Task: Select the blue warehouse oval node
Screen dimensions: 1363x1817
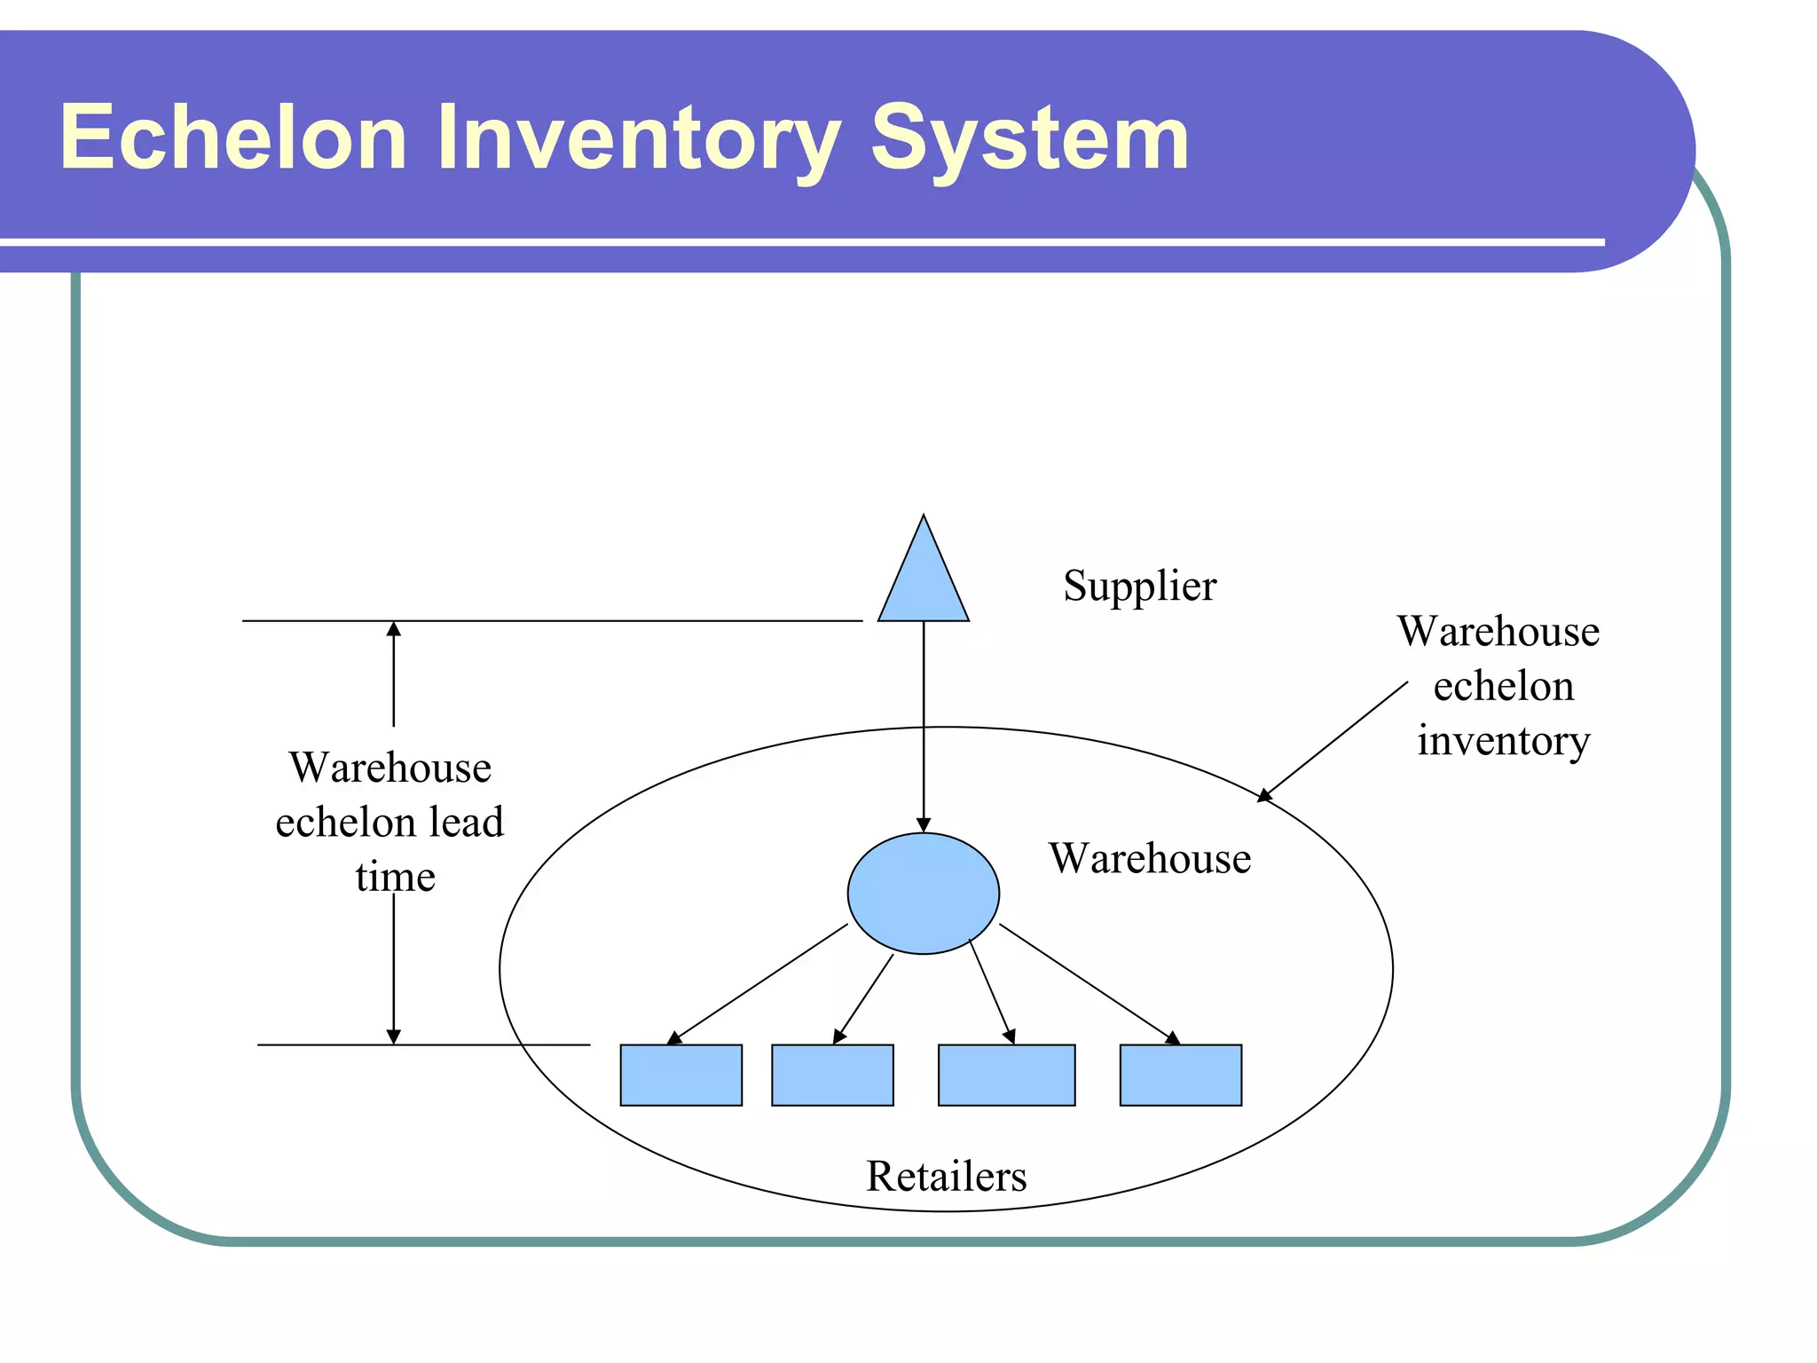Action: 923,893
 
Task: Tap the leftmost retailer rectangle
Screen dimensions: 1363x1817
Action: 680,1075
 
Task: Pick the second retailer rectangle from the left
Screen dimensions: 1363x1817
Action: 832,1075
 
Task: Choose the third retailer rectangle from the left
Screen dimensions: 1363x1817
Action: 1006,1075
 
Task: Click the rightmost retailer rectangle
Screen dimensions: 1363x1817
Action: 1180,1075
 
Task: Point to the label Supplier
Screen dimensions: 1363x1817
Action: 1139,587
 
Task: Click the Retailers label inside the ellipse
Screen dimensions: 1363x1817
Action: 946,1177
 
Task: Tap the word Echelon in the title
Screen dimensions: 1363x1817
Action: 232,138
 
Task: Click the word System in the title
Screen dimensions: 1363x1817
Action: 1028,139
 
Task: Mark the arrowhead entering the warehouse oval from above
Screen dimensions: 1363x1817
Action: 923,824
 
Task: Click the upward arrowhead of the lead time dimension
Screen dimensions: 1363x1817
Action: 394,629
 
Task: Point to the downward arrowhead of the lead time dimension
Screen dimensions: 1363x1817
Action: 394,1036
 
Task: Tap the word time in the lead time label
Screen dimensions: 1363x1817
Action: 395,878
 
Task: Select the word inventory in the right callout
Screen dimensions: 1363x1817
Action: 1503,741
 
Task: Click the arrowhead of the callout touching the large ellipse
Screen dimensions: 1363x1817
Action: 1265,795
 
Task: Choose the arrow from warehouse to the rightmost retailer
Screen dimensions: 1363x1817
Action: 1089,983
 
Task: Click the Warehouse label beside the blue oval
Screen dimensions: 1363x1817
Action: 1149,858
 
